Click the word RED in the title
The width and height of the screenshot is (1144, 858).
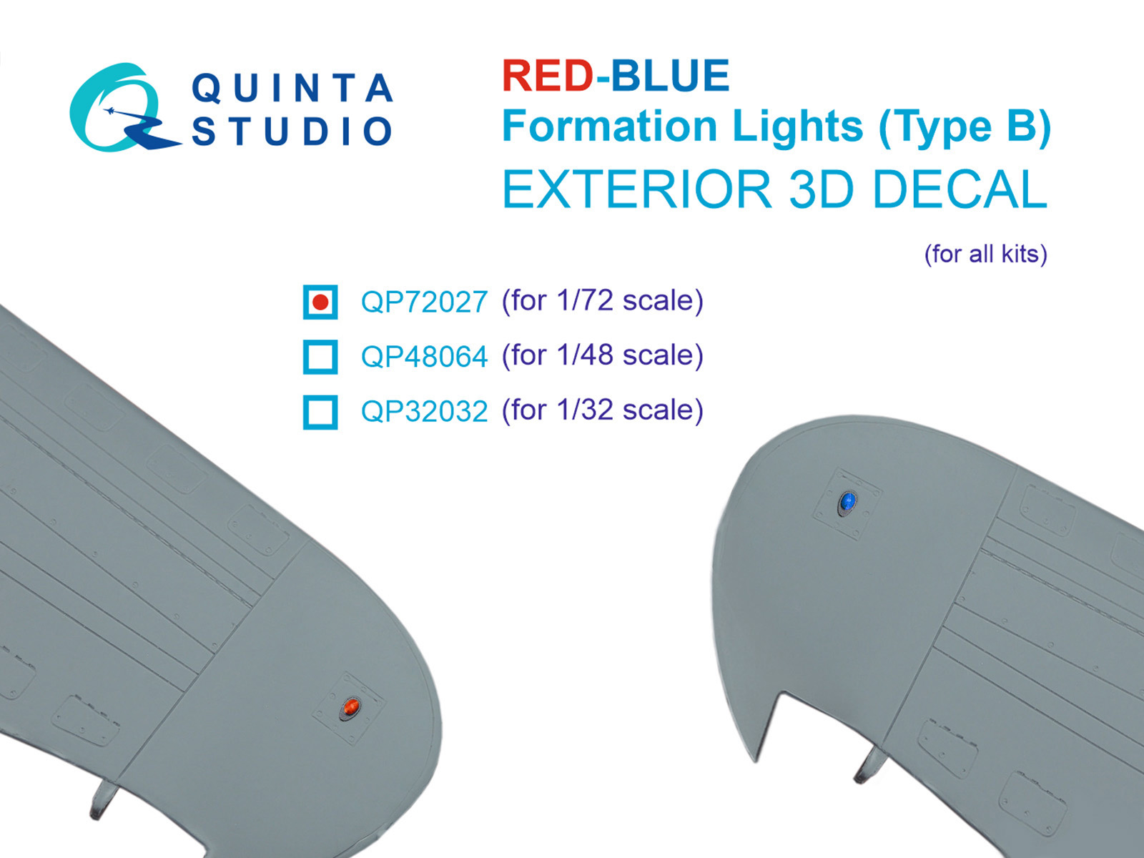[547, 76]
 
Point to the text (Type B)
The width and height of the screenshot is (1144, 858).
[965, 128]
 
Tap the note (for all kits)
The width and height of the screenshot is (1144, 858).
[985, 254]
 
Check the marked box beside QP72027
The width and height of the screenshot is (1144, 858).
[320, 302]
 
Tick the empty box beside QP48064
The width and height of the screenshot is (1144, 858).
[320, 356]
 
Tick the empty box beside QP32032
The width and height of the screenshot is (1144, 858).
[320, 412]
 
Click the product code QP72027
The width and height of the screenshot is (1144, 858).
[424, 302]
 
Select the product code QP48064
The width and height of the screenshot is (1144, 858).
[424, 356]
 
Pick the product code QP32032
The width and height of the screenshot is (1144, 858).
[424, 411]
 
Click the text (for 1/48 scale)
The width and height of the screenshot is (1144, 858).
[602, 355]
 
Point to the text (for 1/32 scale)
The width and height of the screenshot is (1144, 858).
[602, 410]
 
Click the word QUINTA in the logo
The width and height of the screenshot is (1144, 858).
[292, 89]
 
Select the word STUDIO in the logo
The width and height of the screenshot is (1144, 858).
[292, 132]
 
